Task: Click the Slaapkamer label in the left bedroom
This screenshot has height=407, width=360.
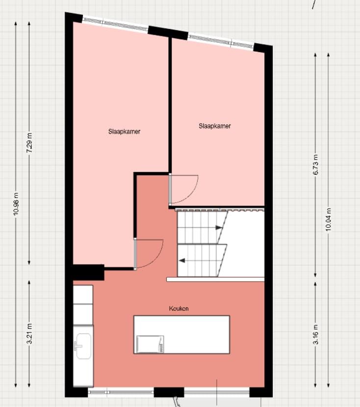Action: click(x=125, y=131)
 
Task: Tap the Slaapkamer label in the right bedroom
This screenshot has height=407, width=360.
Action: click(x=214, y=126)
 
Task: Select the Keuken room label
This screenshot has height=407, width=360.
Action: click(x=179, y=308)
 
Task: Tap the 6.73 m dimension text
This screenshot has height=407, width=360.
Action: click(x=315, y=165)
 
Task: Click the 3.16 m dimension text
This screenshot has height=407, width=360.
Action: click(x=315, y=334)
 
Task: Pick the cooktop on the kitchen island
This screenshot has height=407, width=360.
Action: click(x=150, y=344)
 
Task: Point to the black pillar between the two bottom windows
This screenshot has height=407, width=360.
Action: click(x=169, y=392)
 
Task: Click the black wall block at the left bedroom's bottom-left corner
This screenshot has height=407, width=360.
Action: click(x=88, y=272)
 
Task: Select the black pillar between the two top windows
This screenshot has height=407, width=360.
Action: click(x=168, y=33)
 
